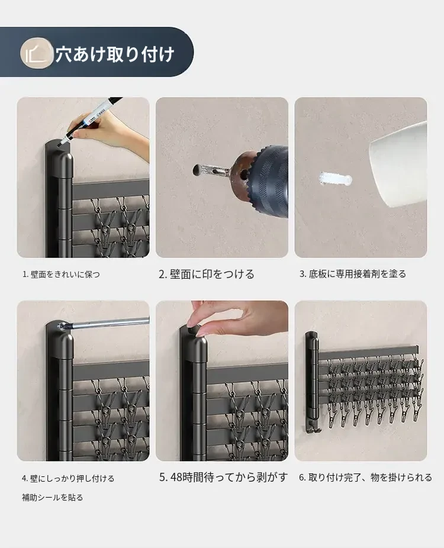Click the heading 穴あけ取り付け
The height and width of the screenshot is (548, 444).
point(115,54)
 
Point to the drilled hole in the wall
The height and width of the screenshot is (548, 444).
point(197,170)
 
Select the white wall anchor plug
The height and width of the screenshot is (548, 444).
point(335,179)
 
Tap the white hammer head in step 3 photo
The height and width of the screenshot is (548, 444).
point(398,165)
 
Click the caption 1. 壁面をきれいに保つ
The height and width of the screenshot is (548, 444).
point(61,275)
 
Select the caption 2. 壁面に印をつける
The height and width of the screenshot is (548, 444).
point(206,274)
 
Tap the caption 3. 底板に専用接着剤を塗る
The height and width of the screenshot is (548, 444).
point(352,274)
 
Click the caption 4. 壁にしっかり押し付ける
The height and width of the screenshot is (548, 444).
point(68,478)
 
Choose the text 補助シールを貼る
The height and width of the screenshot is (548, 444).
point(53,497)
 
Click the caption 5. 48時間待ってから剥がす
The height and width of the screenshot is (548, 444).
point(223,478)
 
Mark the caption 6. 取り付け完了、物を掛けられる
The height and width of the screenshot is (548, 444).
point(365,478)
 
